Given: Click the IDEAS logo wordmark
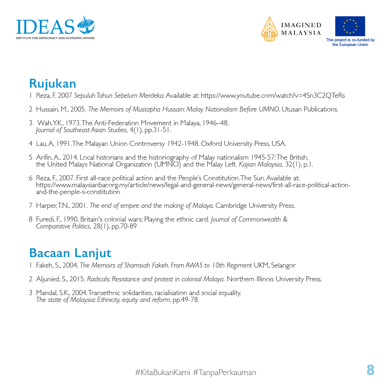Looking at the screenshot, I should tap(45, 26).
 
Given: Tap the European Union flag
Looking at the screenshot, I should tap(350, 26).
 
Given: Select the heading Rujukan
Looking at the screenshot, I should tap(52, 83).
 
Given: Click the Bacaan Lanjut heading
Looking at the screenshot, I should tap(70, 252).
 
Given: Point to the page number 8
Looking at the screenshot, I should tap(370, 370).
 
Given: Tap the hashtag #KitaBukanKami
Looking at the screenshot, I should tap(163, 372).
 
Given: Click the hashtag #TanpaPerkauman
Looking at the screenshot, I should tap(224, 372).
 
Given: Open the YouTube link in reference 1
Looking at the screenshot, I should tap(273, 96).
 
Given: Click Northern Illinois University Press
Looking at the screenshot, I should tap(274, 279).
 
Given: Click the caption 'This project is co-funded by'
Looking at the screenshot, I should tap(350, 40).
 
